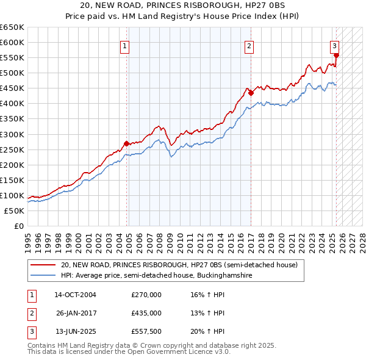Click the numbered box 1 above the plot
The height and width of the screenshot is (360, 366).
(x=124, y=46)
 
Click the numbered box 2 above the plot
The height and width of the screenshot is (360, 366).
(x=249, y=46)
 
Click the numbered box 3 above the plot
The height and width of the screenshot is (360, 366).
(x=335, y=46)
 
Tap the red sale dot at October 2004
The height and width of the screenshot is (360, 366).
(x=127, y=143)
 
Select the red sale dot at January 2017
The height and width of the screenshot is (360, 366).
(x=251, y=93)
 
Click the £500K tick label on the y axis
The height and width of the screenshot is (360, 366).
(x=12, y=73)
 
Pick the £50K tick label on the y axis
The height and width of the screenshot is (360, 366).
(x=14, y=211)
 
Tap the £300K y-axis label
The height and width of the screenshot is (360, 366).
(x=12, y=134)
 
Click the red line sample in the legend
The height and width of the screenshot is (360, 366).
(x=43, y=265)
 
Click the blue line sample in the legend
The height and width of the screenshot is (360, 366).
(x=43, y=276)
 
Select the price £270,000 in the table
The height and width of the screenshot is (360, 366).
(x=146, y=295)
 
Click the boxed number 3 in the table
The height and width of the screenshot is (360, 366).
(x=32, y=331)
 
